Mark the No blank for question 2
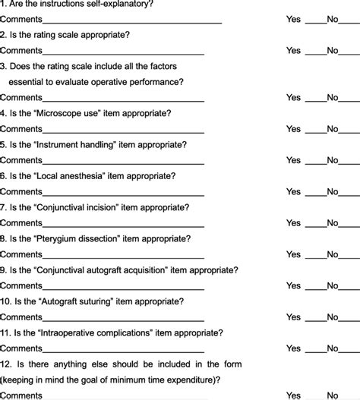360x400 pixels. point(348,51)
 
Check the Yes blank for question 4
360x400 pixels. point(314,130)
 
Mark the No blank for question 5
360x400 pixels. point(348,161)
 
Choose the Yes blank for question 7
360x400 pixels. point(314,224)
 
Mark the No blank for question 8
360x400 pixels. point(348,255)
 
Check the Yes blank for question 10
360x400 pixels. point(314,318)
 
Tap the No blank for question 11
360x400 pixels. point(348,349)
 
